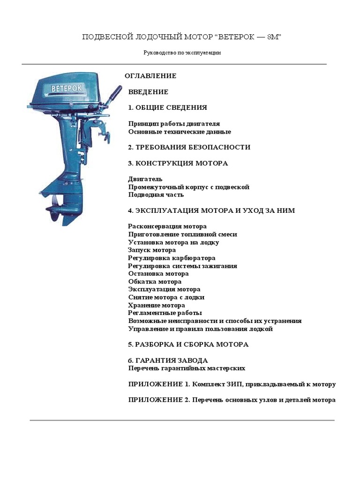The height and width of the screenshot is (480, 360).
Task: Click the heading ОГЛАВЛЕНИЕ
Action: (150, 76)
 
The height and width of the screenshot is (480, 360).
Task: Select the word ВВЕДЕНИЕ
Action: (148, 92)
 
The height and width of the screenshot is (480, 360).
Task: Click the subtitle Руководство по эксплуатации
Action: (182, 52)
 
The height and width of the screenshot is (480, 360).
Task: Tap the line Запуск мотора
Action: (152, 250)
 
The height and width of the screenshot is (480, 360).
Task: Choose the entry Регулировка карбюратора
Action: (172, 258)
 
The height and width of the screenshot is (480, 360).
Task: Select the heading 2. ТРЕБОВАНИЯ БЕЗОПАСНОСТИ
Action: (189, 147)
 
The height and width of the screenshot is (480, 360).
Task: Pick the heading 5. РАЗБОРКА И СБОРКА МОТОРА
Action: (188, 345)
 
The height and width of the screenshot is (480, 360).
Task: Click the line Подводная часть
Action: (156, 195)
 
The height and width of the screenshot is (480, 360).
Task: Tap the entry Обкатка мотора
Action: (155, 282)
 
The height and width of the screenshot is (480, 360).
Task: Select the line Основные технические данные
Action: (180, 132)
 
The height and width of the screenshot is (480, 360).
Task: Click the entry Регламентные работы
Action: (165, 313)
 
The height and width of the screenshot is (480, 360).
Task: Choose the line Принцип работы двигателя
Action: (173, 124)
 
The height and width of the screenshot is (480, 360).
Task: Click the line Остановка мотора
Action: (158, 274)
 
